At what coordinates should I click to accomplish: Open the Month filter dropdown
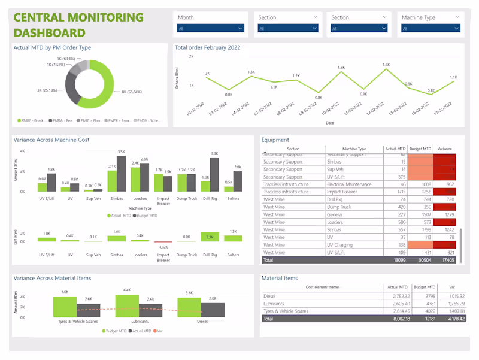(x=211, y=28)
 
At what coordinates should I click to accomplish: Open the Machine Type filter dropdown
(x=431, y=28)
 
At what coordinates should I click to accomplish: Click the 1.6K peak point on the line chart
(x=386, y=71)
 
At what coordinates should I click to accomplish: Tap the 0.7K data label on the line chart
(x=431, y=90)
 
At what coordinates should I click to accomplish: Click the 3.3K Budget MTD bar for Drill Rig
(x=214, y=174)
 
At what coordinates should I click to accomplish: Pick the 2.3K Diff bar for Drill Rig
(x=210, y=237)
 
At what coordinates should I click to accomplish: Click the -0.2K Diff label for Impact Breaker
(x=163, y=246)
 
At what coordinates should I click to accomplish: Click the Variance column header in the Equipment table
(x=444, y=149)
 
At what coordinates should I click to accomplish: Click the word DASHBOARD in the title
(x=49, y=32)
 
